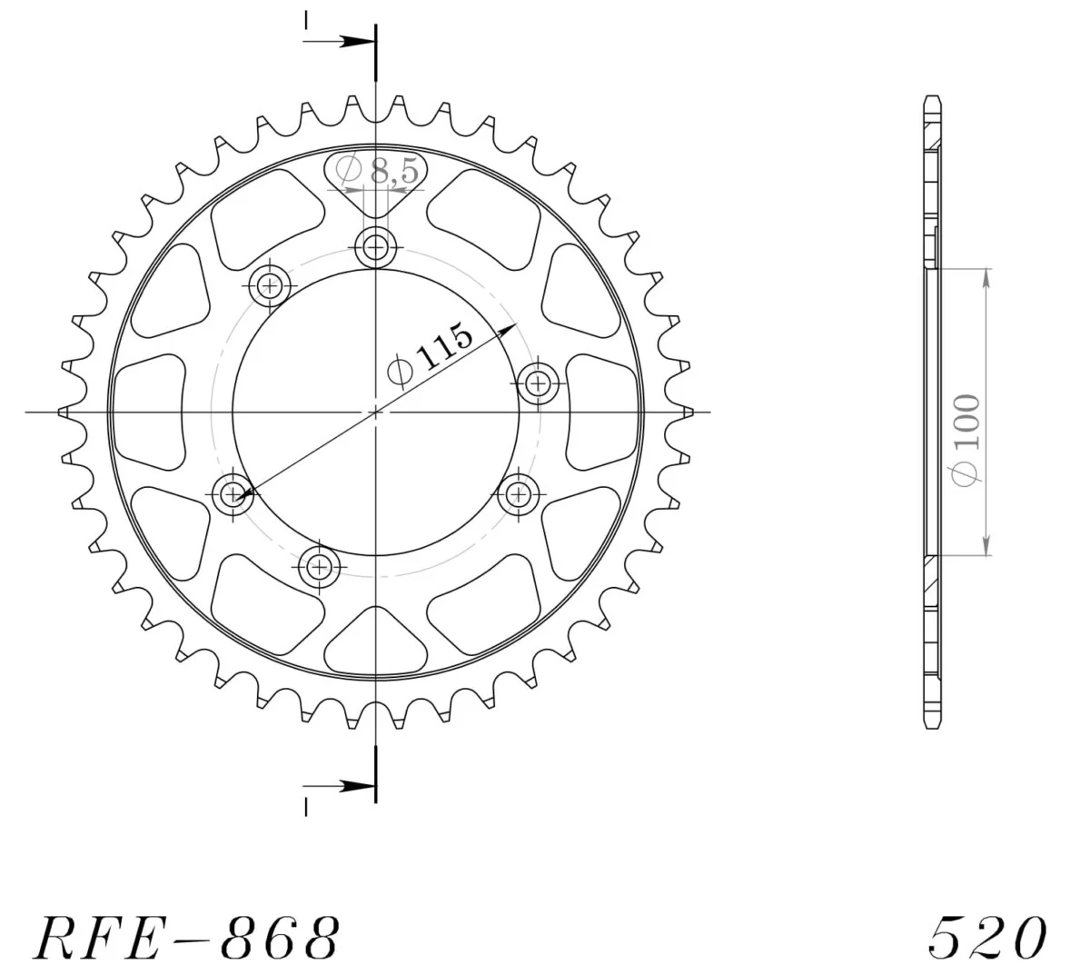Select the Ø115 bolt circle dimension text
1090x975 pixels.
[430, 355]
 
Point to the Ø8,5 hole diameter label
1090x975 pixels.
[377, 171]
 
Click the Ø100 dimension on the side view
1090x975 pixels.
[966, 441]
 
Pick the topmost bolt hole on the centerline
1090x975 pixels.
[375, 248]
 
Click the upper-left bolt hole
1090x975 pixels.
[270, 284]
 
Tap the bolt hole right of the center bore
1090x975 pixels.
[538, 383]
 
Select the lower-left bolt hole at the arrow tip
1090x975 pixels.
[233, 493]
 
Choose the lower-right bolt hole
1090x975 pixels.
[518, 493]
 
